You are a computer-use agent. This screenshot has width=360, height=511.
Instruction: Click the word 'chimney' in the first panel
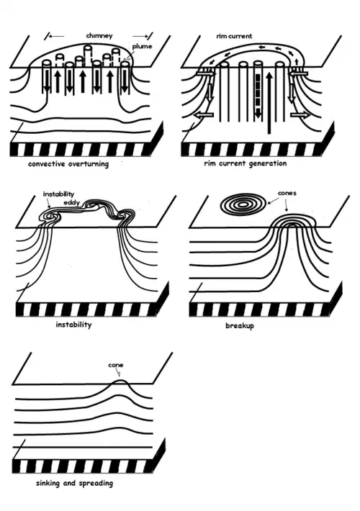point(99,36)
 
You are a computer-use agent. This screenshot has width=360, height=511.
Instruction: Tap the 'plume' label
point(142,47)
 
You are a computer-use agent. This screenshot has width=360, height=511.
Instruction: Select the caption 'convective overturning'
point(68,163)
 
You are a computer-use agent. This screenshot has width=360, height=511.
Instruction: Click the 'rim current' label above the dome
point(234,36)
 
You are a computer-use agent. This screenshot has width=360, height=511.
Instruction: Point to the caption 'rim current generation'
point(246,163)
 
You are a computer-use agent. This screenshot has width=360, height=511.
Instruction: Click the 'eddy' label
point(71,203)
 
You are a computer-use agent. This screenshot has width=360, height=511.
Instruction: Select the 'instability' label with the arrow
point(59,194)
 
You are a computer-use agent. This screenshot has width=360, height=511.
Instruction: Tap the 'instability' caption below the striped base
point(73,325)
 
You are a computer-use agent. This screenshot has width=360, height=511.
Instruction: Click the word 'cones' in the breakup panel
point(287,194)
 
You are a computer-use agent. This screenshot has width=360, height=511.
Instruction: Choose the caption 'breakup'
point(240,325)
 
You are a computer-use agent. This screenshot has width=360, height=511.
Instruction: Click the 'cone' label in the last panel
point(116,365)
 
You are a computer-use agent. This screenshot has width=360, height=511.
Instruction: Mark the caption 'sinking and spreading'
point(74,483)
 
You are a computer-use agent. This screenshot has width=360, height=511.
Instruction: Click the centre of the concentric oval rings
point(243,205)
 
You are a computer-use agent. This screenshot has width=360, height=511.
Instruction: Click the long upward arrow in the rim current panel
point(269,103)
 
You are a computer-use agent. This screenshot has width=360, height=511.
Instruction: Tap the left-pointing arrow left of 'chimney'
point(56,36)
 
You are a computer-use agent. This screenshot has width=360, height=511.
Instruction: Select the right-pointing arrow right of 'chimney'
point(140,36)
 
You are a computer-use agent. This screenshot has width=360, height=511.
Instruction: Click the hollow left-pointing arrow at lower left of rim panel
point(204,115)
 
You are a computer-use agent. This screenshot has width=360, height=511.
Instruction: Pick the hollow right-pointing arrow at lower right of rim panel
point(300,114)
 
